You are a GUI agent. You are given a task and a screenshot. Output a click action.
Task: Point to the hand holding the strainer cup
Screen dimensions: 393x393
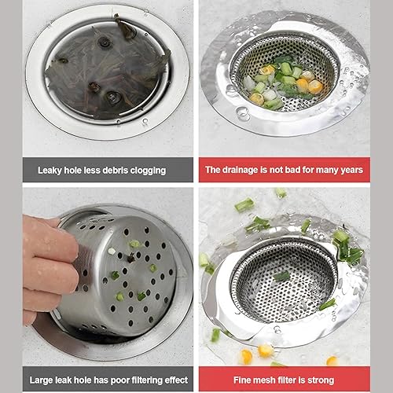[x=49, y=267]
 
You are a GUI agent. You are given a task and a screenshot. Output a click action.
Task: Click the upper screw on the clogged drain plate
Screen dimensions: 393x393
[x=105, y=42]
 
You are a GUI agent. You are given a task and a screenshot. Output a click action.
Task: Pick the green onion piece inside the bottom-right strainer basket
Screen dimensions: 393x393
[x=282, y=276]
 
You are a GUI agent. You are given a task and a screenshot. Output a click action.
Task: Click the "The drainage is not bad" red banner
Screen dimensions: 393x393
[x=285, y=170]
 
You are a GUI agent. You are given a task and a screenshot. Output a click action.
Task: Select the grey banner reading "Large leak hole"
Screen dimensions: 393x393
[x=108, y=379]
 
